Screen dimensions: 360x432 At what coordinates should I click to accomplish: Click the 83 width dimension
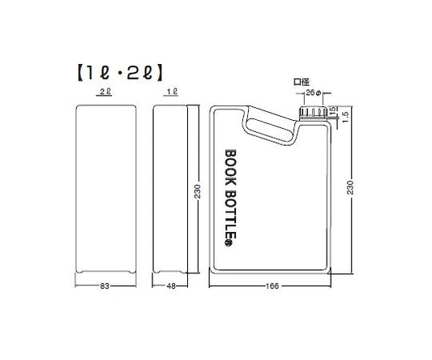click(x=105, y=285)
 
